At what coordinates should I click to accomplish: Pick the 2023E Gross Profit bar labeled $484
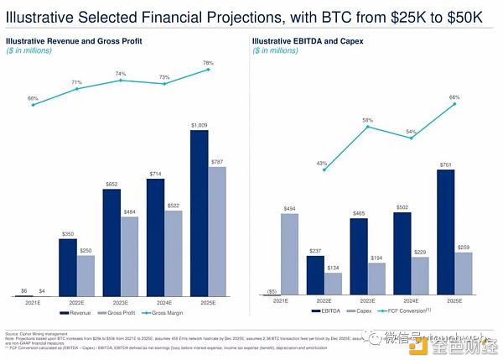coord(130,257)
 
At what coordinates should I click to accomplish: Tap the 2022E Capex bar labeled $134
coord(333,284)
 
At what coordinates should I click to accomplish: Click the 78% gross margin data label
coord(207,63)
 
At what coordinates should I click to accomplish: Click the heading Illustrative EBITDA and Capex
coord(309,40)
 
